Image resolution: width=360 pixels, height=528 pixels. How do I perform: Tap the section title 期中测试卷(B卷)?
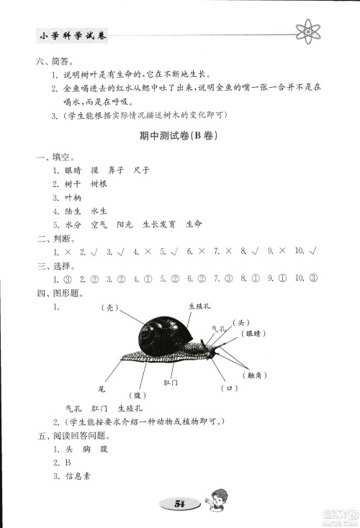coord(178,135)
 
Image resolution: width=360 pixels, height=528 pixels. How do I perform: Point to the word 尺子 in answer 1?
coord(141,170)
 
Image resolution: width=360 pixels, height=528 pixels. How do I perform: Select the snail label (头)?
coord(243,322)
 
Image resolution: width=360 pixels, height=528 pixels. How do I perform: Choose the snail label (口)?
coord(231,388)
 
